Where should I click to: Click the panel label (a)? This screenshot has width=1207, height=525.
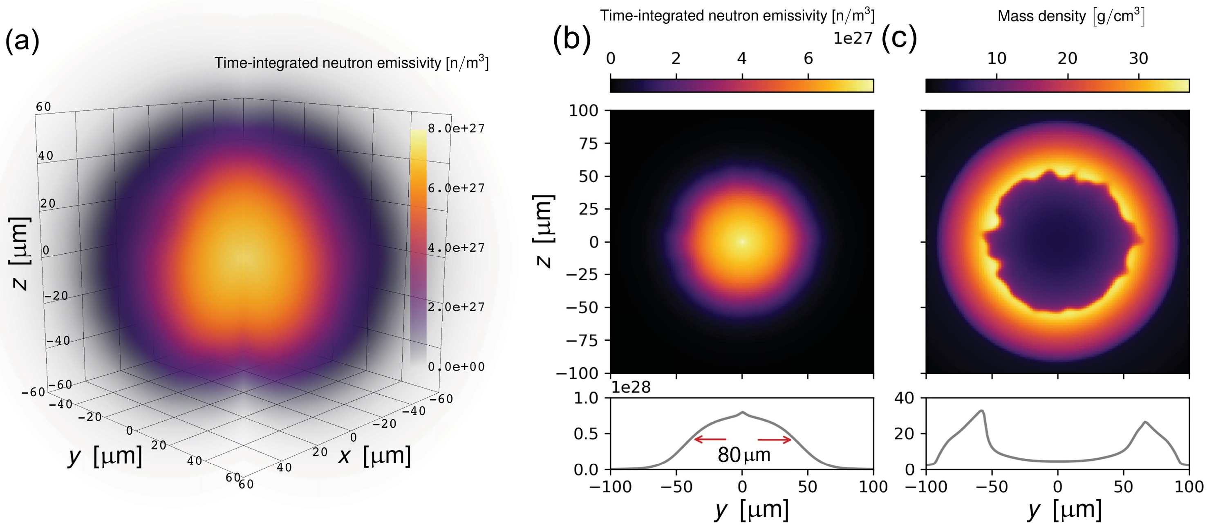pos(22,41)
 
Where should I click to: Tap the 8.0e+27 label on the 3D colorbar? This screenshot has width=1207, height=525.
pos(456,128)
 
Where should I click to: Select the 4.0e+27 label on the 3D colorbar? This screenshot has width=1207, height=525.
pos(456,247)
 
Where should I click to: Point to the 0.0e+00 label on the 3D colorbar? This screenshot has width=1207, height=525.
pos(456,367)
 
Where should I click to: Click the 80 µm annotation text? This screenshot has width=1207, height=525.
pos(743,455)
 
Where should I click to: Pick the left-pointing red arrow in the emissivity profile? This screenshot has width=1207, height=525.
pos(710,439)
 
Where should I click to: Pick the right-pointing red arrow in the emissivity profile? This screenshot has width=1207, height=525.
pos(775,439)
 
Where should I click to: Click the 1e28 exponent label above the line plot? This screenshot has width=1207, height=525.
pos(631,387)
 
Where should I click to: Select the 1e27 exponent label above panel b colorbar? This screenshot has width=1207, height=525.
pos(853,38)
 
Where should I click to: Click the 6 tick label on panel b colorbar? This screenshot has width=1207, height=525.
pos(808,58)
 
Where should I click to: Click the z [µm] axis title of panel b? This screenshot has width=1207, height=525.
pos(544,231)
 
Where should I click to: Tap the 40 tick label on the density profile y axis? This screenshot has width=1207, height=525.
pos(904,398)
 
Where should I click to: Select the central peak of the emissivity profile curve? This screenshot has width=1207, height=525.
pos(742,412)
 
